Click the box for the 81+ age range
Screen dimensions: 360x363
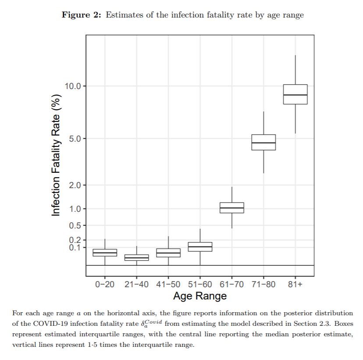(295, 94)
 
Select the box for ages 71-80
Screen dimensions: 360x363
(263, 142)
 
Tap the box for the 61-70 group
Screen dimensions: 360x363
(231, 207)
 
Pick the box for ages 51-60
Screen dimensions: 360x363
(200, 246)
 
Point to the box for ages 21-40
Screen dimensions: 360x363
(136, 257)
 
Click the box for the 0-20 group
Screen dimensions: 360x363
(105, 253)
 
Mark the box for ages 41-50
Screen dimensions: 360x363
(168, 253)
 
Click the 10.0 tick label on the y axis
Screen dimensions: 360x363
(73, 86)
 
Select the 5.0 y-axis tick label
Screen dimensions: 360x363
(75, 139)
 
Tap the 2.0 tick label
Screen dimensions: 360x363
(75, 185)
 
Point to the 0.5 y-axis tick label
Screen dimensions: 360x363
(75, 225)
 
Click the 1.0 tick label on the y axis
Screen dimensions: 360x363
(75, 209)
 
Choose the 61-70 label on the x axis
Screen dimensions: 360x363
(231, 284)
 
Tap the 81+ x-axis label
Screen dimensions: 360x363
(295, 284)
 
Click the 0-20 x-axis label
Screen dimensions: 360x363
(105, 284)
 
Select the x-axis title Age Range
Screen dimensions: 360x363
(200, 296)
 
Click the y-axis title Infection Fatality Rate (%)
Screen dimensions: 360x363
(56, 155)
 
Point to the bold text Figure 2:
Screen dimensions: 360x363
(82, 15)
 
